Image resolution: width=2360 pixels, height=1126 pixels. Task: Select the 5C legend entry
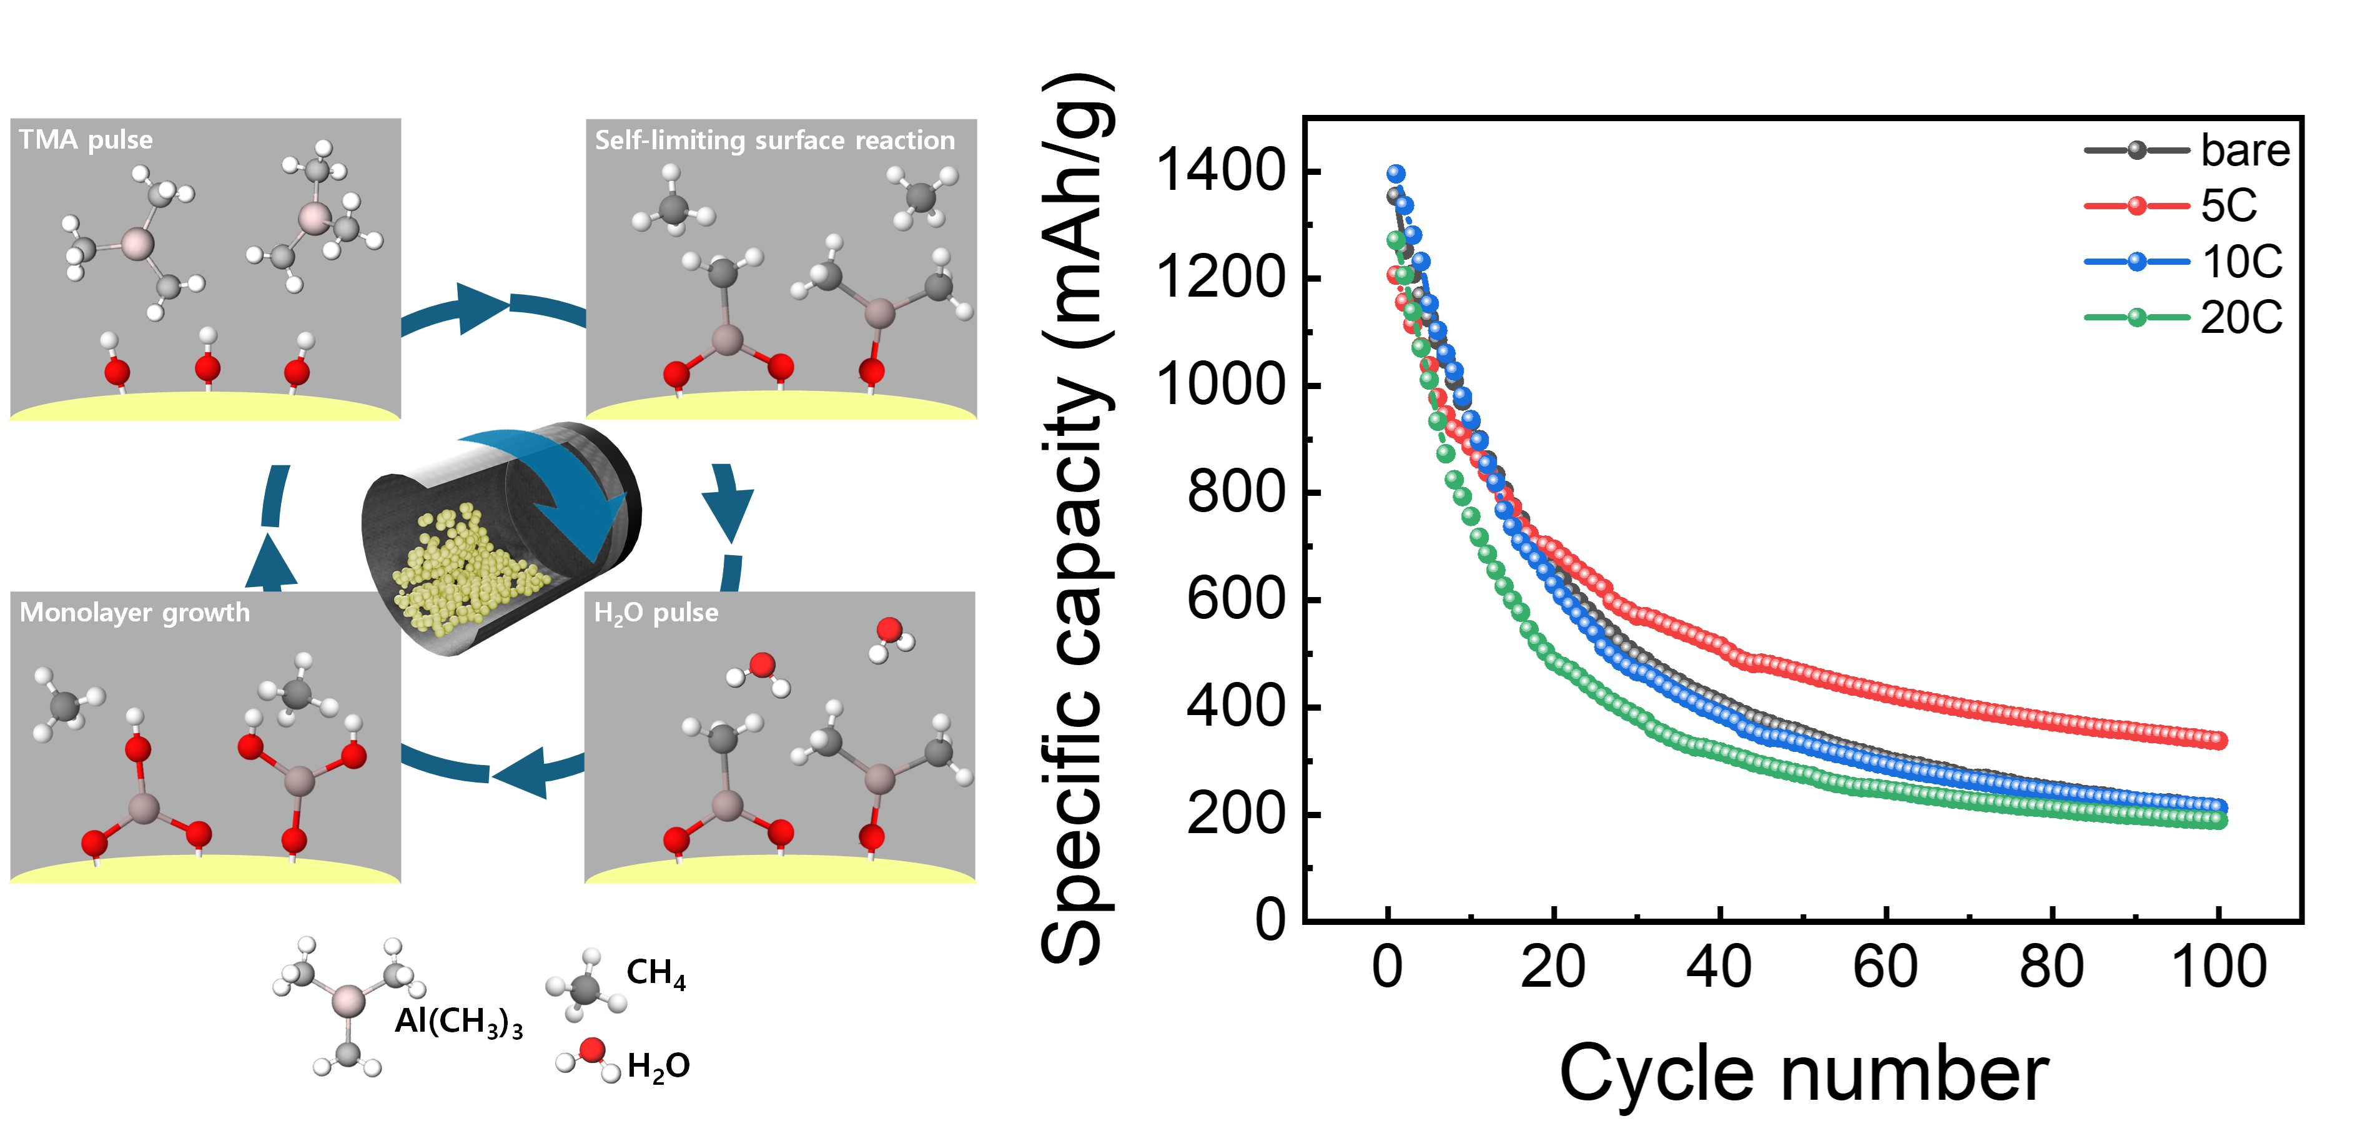[2228, 205]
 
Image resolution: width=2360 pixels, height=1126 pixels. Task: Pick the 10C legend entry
[2241, 262]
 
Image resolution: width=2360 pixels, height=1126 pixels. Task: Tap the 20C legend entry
[2241, 318]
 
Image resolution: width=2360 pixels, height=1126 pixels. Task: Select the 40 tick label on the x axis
[1719, 967]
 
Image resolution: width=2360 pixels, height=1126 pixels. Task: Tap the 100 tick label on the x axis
[2219, 967]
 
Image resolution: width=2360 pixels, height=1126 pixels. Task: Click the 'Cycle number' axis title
[1803, 1074]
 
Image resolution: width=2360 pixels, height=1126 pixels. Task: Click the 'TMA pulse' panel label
[86, 140]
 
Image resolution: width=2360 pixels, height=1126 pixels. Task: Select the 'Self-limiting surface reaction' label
[774, 140]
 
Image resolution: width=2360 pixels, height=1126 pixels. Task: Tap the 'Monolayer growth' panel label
[135, 612]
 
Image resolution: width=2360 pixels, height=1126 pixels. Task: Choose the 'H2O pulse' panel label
[656, 613]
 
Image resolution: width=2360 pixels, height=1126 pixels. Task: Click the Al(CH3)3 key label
[458, 1022]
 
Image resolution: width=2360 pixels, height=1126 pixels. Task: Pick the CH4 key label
[656, 973]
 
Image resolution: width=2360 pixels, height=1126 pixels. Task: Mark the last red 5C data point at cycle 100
[2218, 740]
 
